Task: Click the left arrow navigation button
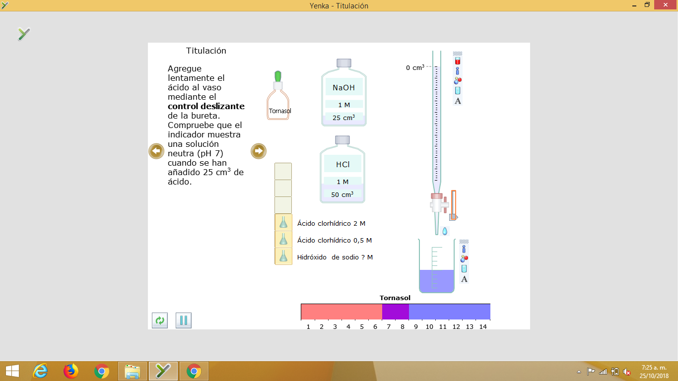[x=156, y=151]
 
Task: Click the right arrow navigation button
[x=259, y=151]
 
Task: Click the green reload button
[x=159, y=320]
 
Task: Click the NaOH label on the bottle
[x=343, y=87]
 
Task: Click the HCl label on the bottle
[x=342, y=164]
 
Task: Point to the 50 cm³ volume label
[x=342, y=194]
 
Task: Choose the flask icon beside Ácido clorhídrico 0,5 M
[x=283, y=240]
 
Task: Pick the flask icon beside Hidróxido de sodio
[x=283, y=256]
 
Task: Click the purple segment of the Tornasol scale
[x=395, y=312]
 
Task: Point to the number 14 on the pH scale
[x=483, y=327]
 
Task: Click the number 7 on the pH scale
[x=389, y=327]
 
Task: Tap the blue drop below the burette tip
[x=445, y=231]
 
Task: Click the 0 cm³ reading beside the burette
[x=415, y=67]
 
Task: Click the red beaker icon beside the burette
[x=457, y=61]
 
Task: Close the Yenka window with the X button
[x=665, y=5]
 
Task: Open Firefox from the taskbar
[x=71, y=371]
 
